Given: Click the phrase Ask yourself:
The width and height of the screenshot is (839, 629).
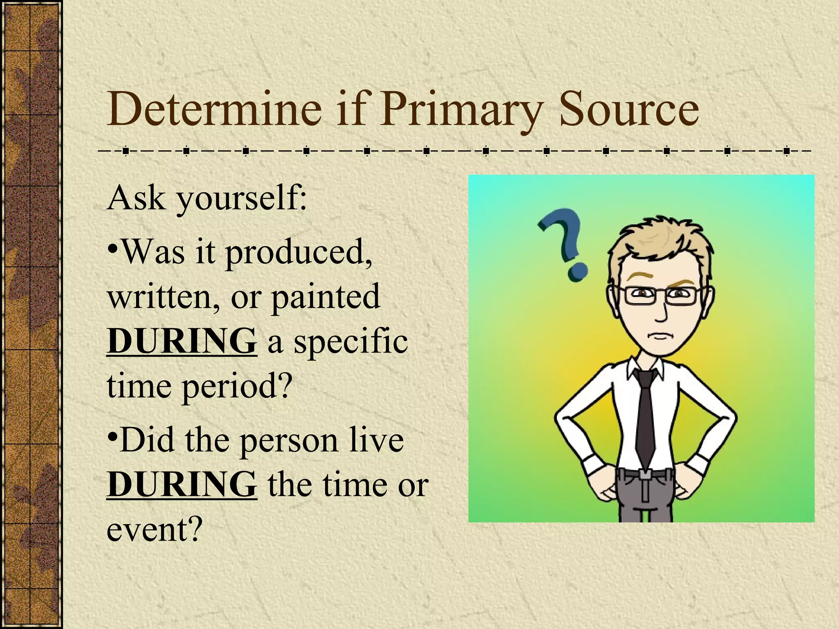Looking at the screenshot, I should [207, 199].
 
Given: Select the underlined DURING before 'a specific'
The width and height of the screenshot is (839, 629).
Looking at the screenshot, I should [181, 341].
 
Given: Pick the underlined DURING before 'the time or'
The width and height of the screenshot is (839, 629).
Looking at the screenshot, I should [181, 484].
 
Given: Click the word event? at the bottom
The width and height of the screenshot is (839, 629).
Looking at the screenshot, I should [154, 528].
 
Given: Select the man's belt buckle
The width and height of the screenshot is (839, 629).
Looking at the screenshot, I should [646, 476].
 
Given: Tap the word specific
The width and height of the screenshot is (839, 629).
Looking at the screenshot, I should [351, 342].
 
